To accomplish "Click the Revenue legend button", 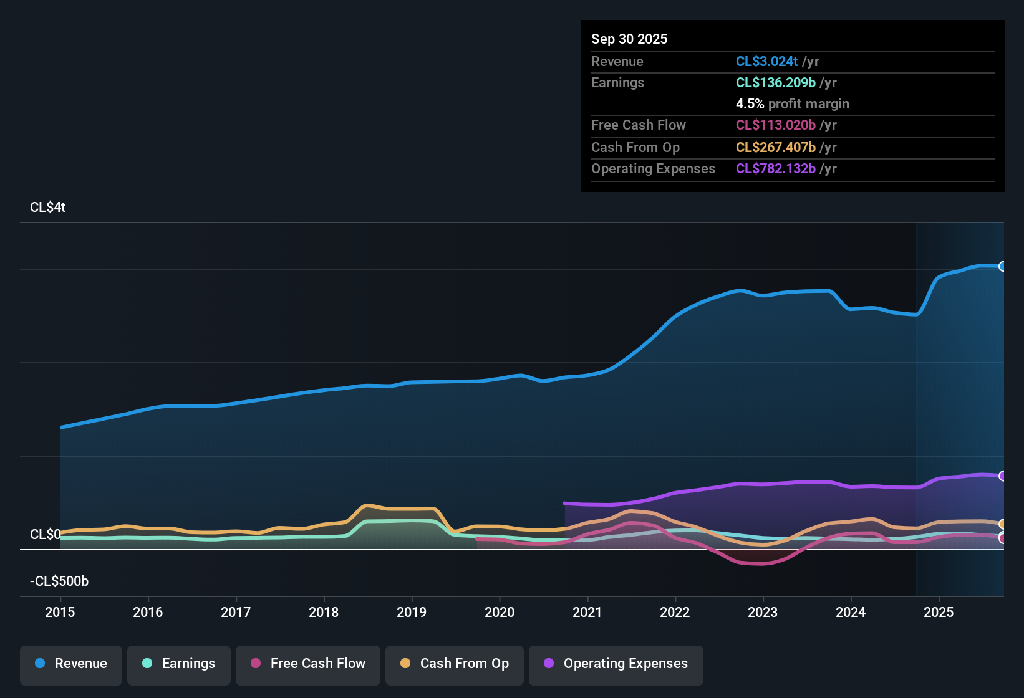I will tap(71, 664).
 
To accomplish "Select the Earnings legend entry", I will tap(179, 664).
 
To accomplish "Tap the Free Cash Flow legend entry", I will tap(308, 664).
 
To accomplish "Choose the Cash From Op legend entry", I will tap(455, 664).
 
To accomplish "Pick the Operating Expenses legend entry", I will tap(616, 664).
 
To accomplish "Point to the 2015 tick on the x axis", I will tap(60, 612).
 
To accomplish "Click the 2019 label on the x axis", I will tap(412, 612).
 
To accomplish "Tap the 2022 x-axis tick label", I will tap(675, 612).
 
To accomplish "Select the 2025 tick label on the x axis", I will tap(939, 612).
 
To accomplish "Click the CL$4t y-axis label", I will tap(48, 208).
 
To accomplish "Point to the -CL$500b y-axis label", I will tap(59, 581).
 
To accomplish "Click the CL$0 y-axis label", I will tap(45, 535).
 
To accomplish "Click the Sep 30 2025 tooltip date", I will tap(629, 39).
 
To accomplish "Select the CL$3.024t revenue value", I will tap(766, 61).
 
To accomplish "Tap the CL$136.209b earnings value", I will tap(775, 82).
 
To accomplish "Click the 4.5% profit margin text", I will tap(792, 103).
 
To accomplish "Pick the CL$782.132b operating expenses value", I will tap(775, 168).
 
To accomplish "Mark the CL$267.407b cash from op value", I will tap(775, 147).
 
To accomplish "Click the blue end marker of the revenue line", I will tap(1002, 266).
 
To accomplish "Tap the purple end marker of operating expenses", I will tap(1002, 476).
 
